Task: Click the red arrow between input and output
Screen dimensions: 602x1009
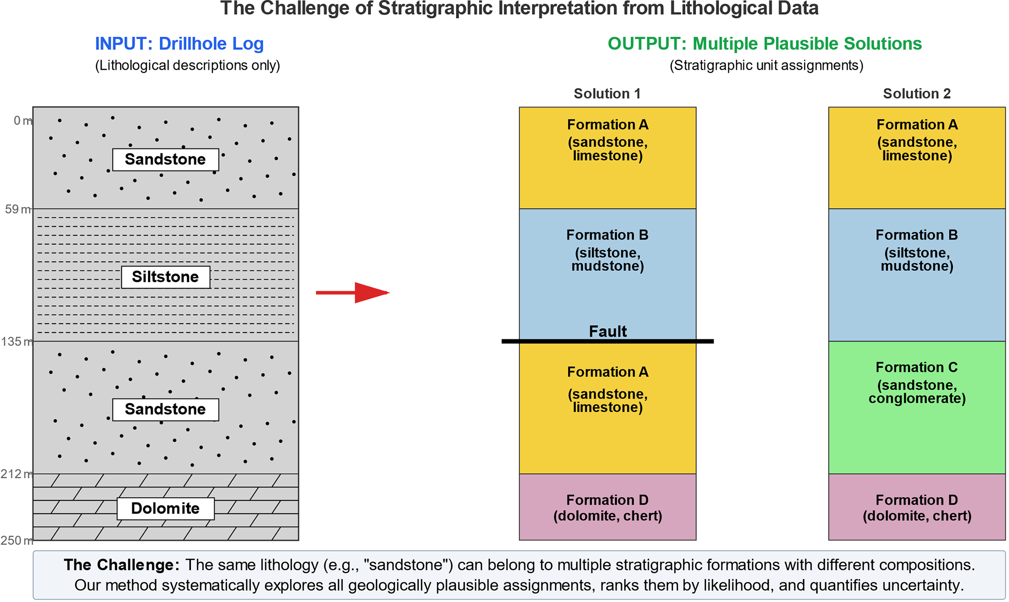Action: [x=352, y=292]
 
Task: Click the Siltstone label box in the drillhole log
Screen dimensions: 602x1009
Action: [x=165, y=277]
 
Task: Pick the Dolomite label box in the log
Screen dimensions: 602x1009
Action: [x=165, y=509]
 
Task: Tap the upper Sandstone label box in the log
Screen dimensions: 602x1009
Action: [x=165, y=160]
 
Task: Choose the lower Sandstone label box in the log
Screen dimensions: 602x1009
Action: [x=165, y=409]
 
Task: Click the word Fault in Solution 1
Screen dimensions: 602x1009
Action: [x=607, y=332]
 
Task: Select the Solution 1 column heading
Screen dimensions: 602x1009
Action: [x=607, y=94]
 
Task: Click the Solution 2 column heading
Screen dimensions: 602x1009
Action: [x=916, y=94]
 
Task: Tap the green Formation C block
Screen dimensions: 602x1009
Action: [x=916, y=430]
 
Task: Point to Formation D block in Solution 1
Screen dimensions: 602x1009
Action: [x=607, y=507]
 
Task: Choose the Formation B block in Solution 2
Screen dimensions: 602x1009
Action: [x=916, y=293]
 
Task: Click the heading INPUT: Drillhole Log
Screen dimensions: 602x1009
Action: [x=179, y=44]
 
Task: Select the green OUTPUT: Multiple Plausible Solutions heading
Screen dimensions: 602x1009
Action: [x=764, y=44]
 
